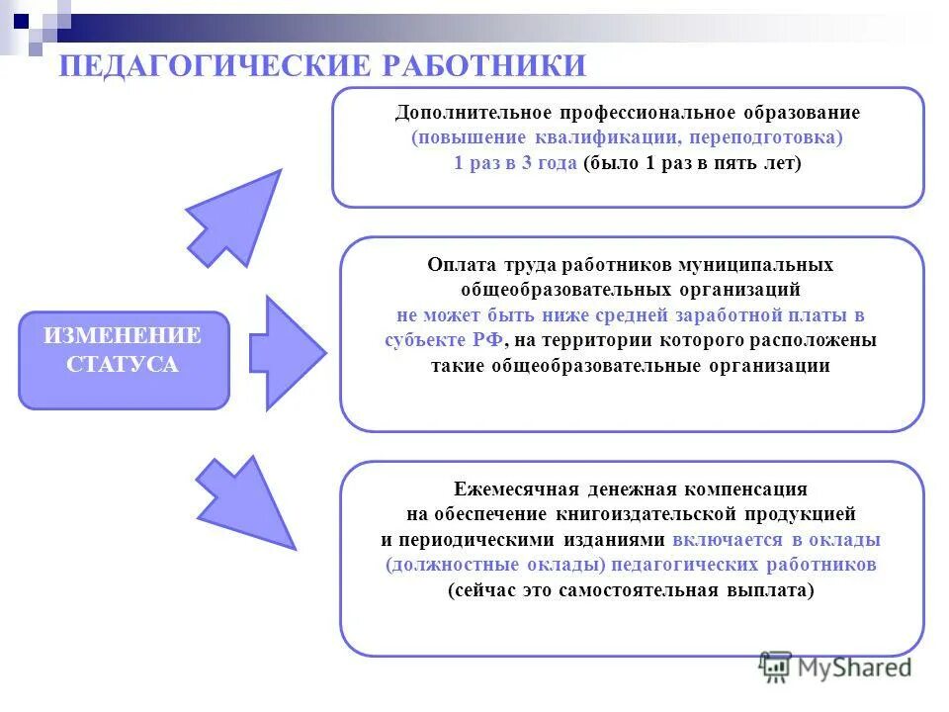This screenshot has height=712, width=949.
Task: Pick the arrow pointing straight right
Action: pyautogui.click(x=288, y=352)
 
